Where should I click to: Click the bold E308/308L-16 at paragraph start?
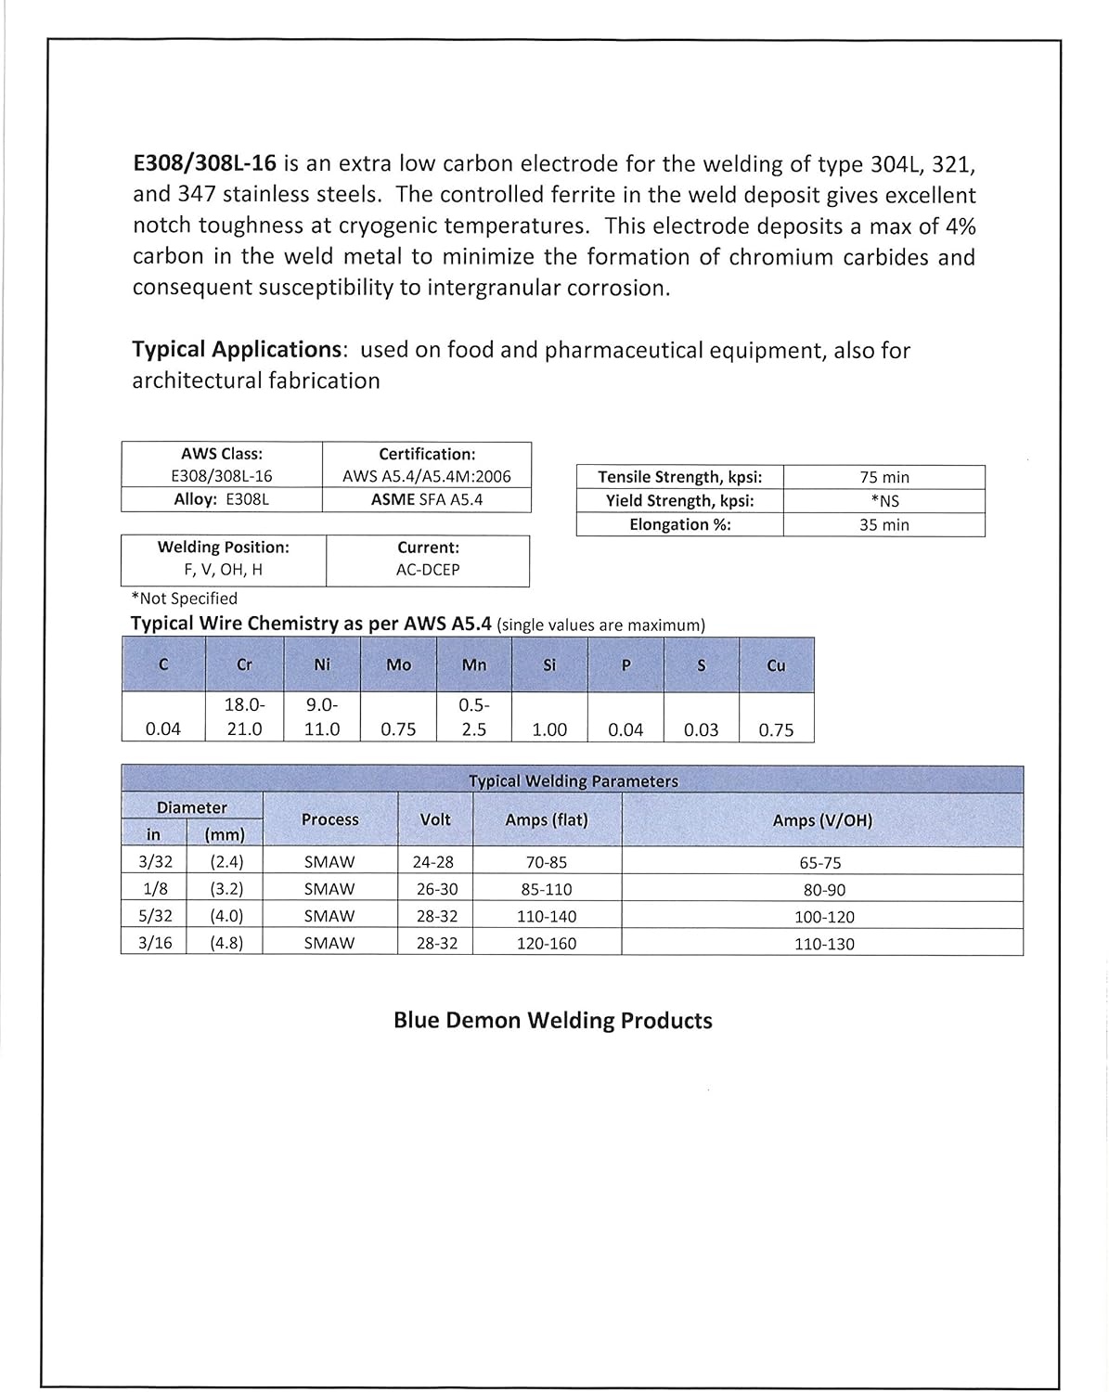pos(204,164)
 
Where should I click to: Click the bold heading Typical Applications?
pos(237,350)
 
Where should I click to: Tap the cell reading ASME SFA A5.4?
pos(427,499)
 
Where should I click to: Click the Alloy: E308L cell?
pos(222,499)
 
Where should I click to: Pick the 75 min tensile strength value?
pos(883,477)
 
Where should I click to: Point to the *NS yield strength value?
pos(883,501)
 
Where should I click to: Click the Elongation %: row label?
pos(679,524)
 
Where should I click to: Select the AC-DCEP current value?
pos(427,570)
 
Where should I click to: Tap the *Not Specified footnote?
pos(185,599)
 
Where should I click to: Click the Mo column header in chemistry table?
pos(398,664)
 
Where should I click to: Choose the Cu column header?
pos(776,664)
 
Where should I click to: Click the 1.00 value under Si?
pos(549,729)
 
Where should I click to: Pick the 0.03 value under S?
pos(701,729)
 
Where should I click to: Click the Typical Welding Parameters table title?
pos(573,780)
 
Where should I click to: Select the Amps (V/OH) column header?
pos(822,820)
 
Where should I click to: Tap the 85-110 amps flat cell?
pos(546,889)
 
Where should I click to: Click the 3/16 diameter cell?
pos(154,943)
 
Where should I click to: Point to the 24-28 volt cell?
pos(433,862)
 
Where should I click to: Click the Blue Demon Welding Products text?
pos(552,1021)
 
